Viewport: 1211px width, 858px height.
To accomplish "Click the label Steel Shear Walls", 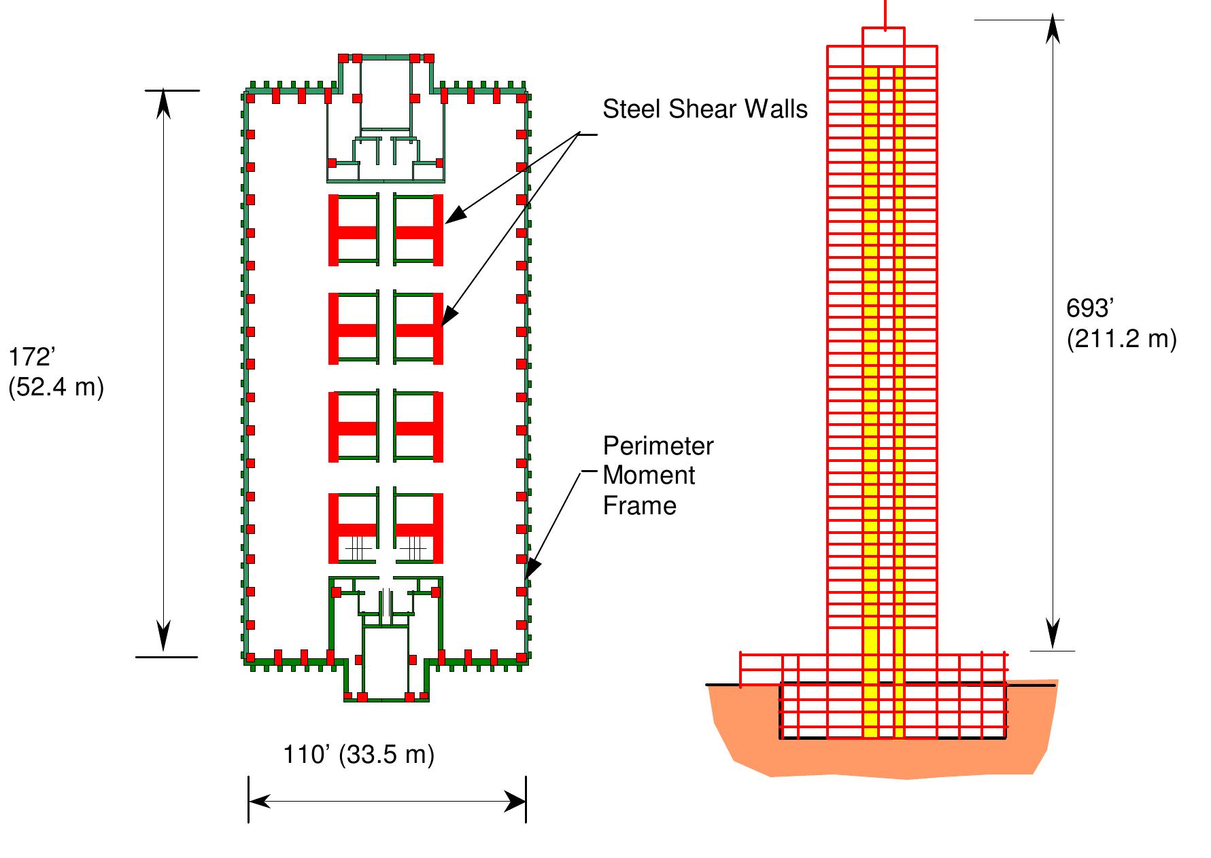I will click(704, 109).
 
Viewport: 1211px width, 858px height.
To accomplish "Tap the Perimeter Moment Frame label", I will click(658, 476).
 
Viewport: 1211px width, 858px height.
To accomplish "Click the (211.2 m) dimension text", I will click(1121, 338).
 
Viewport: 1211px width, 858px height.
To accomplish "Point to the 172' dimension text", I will click(31, 357).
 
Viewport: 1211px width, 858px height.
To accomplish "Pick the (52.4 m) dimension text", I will click(56, 387).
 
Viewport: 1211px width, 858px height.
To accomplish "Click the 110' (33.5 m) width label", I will click(358, 755).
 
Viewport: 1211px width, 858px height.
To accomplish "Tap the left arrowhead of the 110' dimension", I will click(259, 802).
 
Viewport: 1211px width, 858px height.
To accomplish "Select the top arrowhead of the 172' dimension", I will click(163, 104).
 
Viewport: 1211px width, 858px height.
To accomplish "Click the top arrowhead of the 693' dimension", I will click(1053, 31).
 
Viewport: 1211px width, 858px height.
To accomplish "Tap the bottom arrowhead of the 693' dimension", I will click(1053, 637).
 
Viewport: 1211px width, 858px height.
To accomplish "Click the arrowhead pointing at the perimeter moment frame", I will click(533, 567).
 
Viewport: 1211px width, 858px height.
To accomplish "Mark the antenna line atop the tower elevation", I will click(885, 12).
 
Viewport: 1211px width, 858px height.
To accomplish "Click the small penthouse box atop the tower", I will click(884, 38).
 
